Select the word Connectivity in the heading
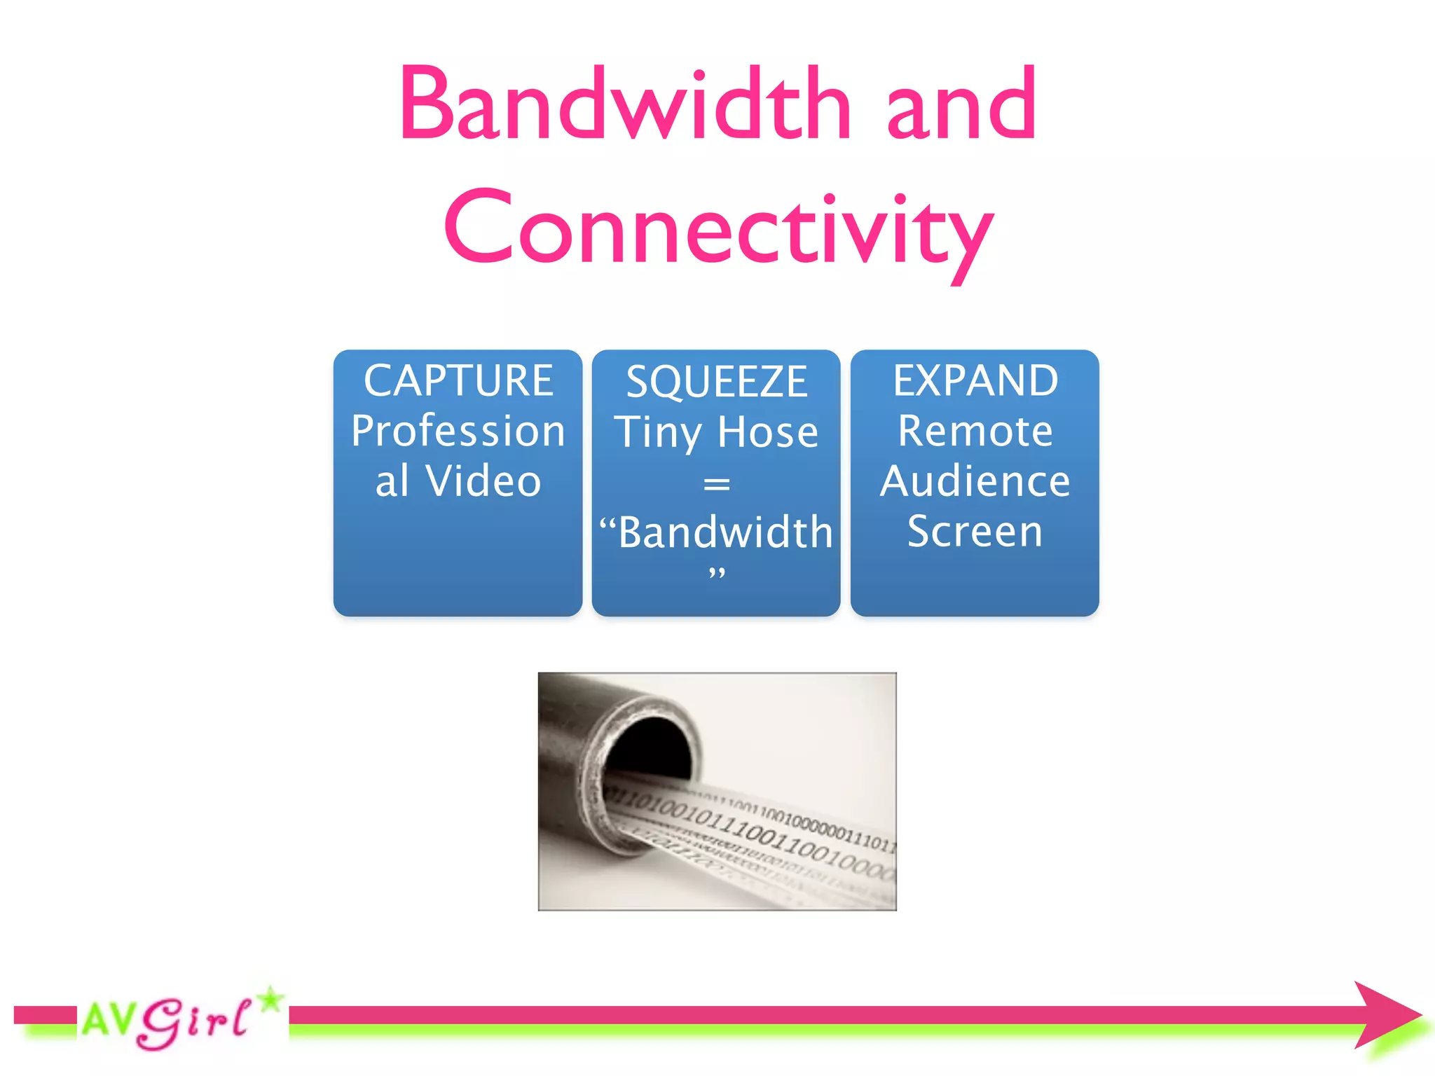pyautogui.click(x=718, y=230)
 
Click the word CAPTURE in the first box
pyautogui.click(x=458, y=381)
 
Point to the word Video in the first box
pyautogui.click(x=483, y=481)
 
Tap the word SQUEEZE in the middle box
pyautogui.click(x=716, y=382)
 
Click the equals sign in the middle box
pyautogui.click(x=716, y=484)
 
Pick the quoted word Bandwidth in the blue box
pyautogui.click(x=725, y=532)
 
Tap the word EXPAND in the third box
pyautogui.click(x=975, y=381)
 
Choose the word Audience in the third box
pyautogui.click(x=975, y=481)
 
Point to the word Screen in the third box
pyautogui.click(x=975, y=532)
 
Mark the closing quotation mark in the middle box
pyautogui.click(x=716, y=574)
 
